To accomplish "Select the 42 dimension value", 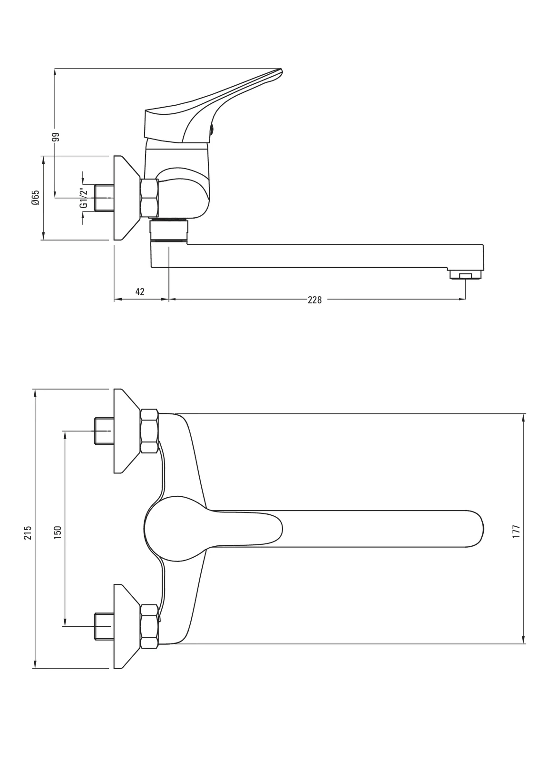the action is [x=140, y=291].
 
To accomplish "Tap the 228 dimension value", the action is [x=315, y=300].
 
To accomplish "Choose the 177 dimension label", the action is [x=516, y=531].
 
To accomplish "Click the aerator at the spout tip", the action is [x=465, y=275].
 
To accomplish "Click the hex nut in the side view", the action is [x=149, y=198].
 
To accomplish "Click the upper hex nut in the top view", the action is [x=149, y=431].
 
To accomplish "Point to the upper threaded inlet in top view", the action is [x=103, y=431].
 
